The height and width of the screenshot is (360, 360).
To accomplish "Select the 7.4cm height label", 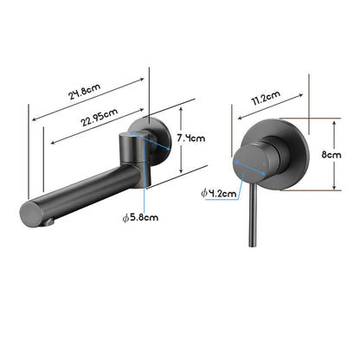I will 190,138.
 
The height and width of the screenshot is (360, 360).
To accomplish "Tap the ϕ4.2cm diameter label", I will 217,195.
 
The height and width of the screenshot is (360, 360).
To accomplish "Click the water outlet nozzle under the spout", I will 51,221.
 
